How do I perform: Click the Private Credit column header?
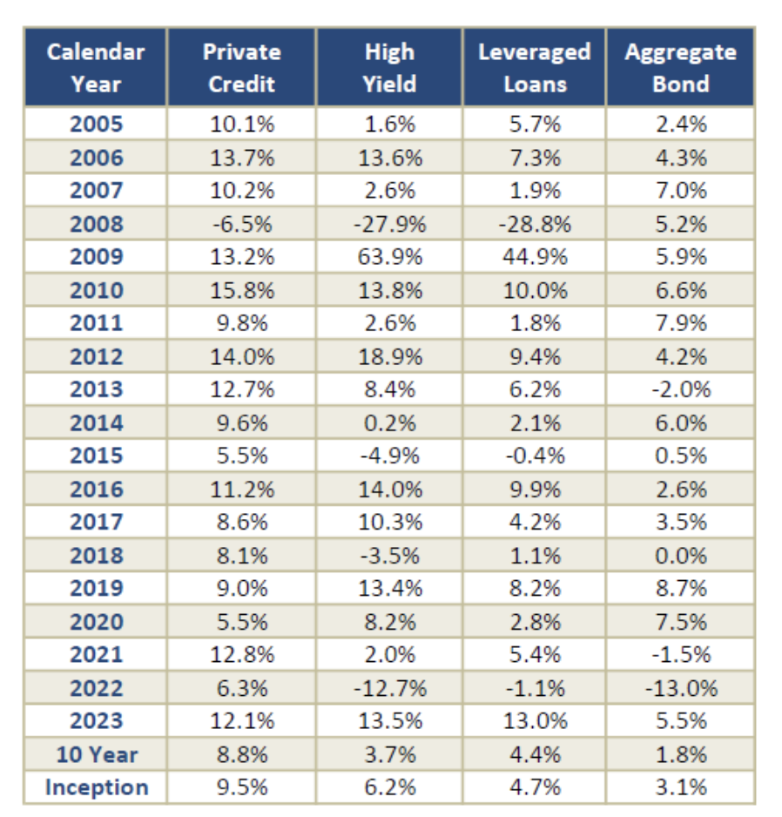click(242, 68)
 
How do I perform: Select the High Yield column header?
click(390, 68)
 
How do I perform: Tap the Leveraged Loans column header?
click(535, 68)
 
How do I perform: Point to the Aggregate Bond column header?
click(681, 68)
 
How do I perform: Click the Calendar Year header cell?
click(96, 68)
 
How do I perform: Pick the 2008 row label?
click(97, 224)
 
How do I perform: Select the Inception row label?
click(97, 787)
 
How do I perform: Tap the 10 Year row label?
click(97, 754)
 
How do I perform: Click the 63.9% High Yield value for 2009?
click(390, 257)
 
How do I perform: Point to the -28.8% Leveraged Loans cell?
click(535, 224)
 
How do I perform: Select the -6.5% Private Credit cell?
click(242, 224)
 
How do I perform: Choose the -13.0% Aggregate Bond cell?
click(681, 688)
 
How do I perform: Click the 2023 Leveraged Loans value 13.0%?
click(535, 721)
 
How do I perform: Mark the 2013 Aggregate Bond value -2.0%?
click(681, 389)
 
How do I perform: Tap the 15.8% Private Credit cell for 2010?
click(242, 290)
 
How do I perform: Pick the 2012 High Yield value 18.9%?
click(390, 357)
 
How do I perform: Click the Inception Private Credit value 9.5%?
click(242, 787)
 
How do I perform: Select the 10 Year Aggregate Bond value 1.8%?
click(681, 754)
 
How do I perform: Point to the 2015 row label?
click(97, 456)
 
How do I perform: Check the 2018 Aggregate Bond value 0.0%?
click(681, 556)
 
